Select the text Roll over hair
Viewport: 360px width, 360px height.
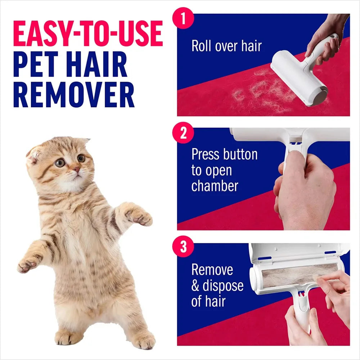[x=226, y=46]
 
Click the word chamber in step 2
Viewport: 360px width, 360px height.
[x=215, y=186]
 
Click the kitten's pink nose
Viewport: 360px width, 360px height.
[x=76, y=168]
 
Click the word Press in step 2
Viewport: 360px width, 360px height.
[x=206, y=154]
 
